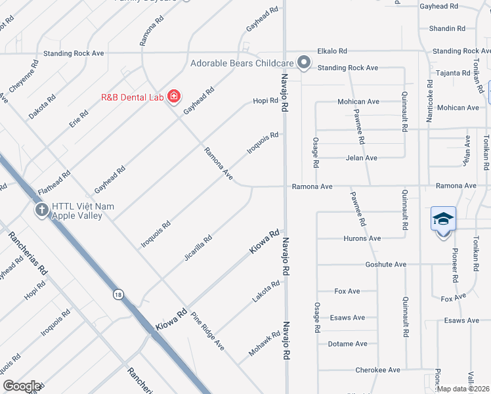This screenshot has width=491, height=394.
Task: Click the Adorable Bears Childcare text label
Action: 242,63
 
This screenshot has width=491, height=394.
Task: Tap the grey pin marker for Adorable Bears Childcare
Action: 304,62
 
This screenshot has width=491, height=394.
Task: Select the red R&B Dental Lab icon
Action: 174,97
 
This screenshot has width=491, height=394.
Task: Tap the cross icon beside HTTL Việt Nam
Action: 41,211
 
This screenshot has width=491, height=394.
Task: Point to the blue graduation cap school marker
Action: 443,218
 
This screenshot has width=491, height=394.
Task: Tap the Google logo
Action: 22,387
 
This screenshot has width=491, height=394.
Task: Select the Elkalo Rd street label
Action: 335,51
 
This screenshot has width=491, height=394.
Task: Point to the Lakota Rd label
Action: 266,292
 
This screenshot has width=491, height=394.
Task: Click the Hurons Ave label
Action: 362,238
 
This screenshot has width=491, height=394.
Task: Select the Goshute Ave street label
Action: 385,265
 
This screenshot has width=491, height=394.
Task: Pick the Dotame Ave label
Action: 348,344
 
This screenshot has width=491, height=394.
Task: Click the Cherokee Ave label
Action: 377,370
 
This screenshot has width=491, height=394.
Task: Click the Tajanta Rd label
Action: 452,73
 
